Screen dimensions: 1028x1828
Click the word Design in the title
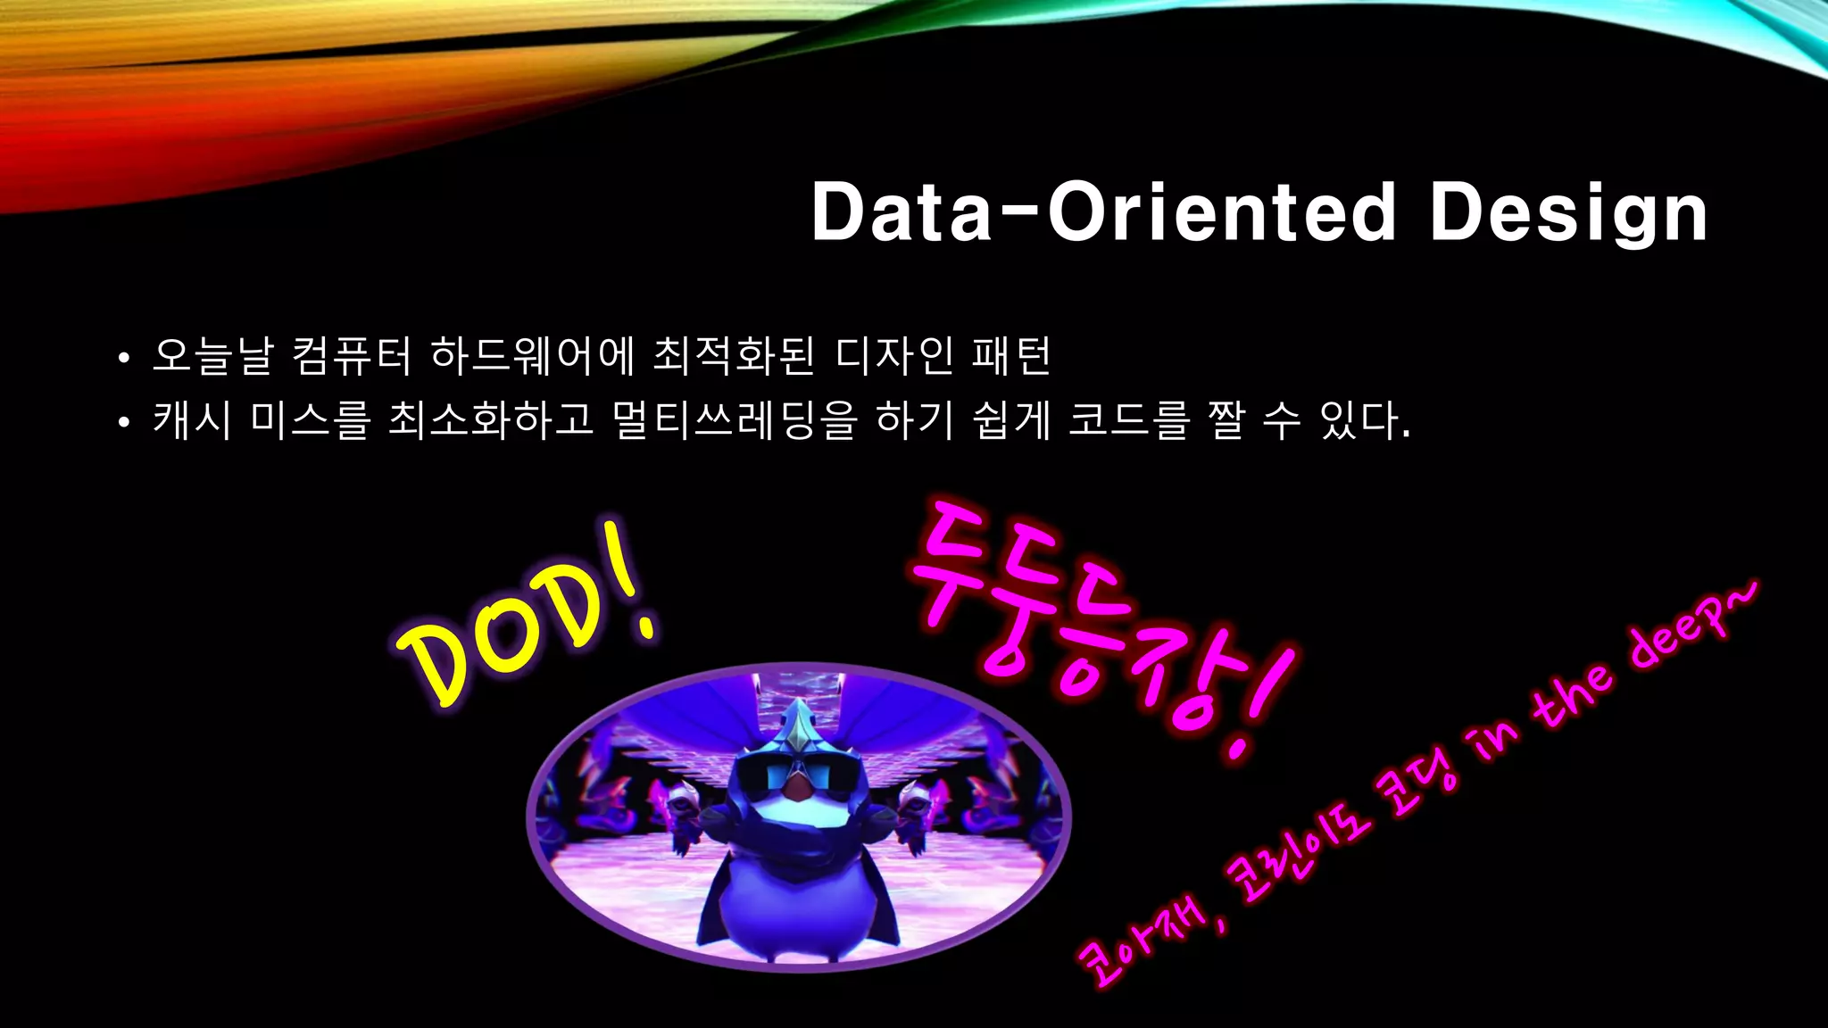[1568, 212]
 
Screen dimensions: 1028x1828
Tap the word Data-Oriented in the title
[1103, 212]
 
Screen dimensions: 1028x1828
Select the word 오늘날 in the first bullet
[212, 355]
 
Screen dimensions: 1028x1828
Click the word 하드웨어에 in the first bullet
[532, 355]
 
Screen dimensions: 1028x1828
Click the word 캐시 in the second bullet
[192, 419]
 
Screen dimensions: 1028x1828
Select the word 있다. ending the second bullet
[1365, 419]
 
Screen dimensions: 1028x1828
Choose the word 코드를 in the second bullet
[1129, 419]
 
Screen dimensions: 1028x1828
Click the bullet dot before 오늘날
[124, 359]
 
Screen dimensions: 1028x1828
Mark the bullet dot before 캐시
[124, 423]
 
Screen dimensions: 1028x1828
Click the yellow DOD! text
[527, 616]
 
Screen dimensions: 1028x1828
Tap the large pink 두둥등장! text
[1098, 625]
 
